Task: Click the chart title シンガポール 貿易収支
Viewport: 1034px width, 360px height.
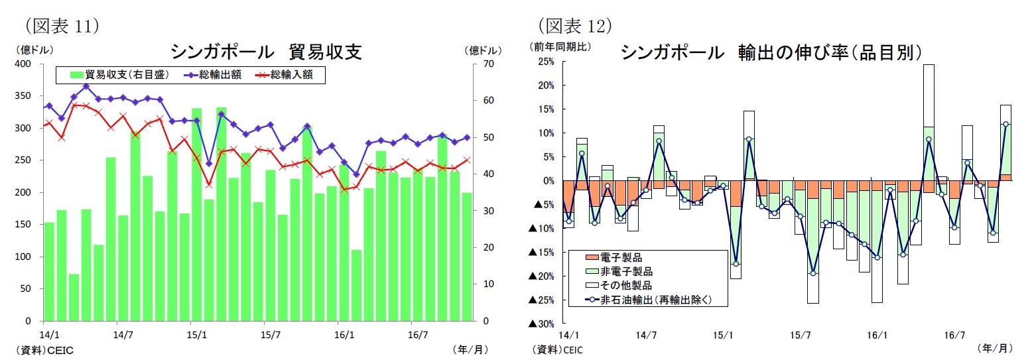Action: pyautogui.click(x=265, y=52)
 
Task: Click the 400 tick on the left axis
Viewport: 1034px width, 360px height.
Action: pyautogui.click(x=23, y=64)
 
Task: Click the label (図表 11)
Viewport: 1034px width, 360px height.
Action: pyautogui.click(x=61, y=26)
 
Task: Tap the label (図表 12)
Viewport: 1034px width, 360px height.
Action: pyautogui.click(x=574, y=26)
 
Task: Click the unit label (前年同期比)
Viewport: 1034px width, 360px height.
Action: pyautogui.click(x=559, y=47)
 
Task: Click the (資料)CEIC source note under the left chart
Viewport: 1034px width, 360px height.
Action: pyautogui.click(x=39, y=349)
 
